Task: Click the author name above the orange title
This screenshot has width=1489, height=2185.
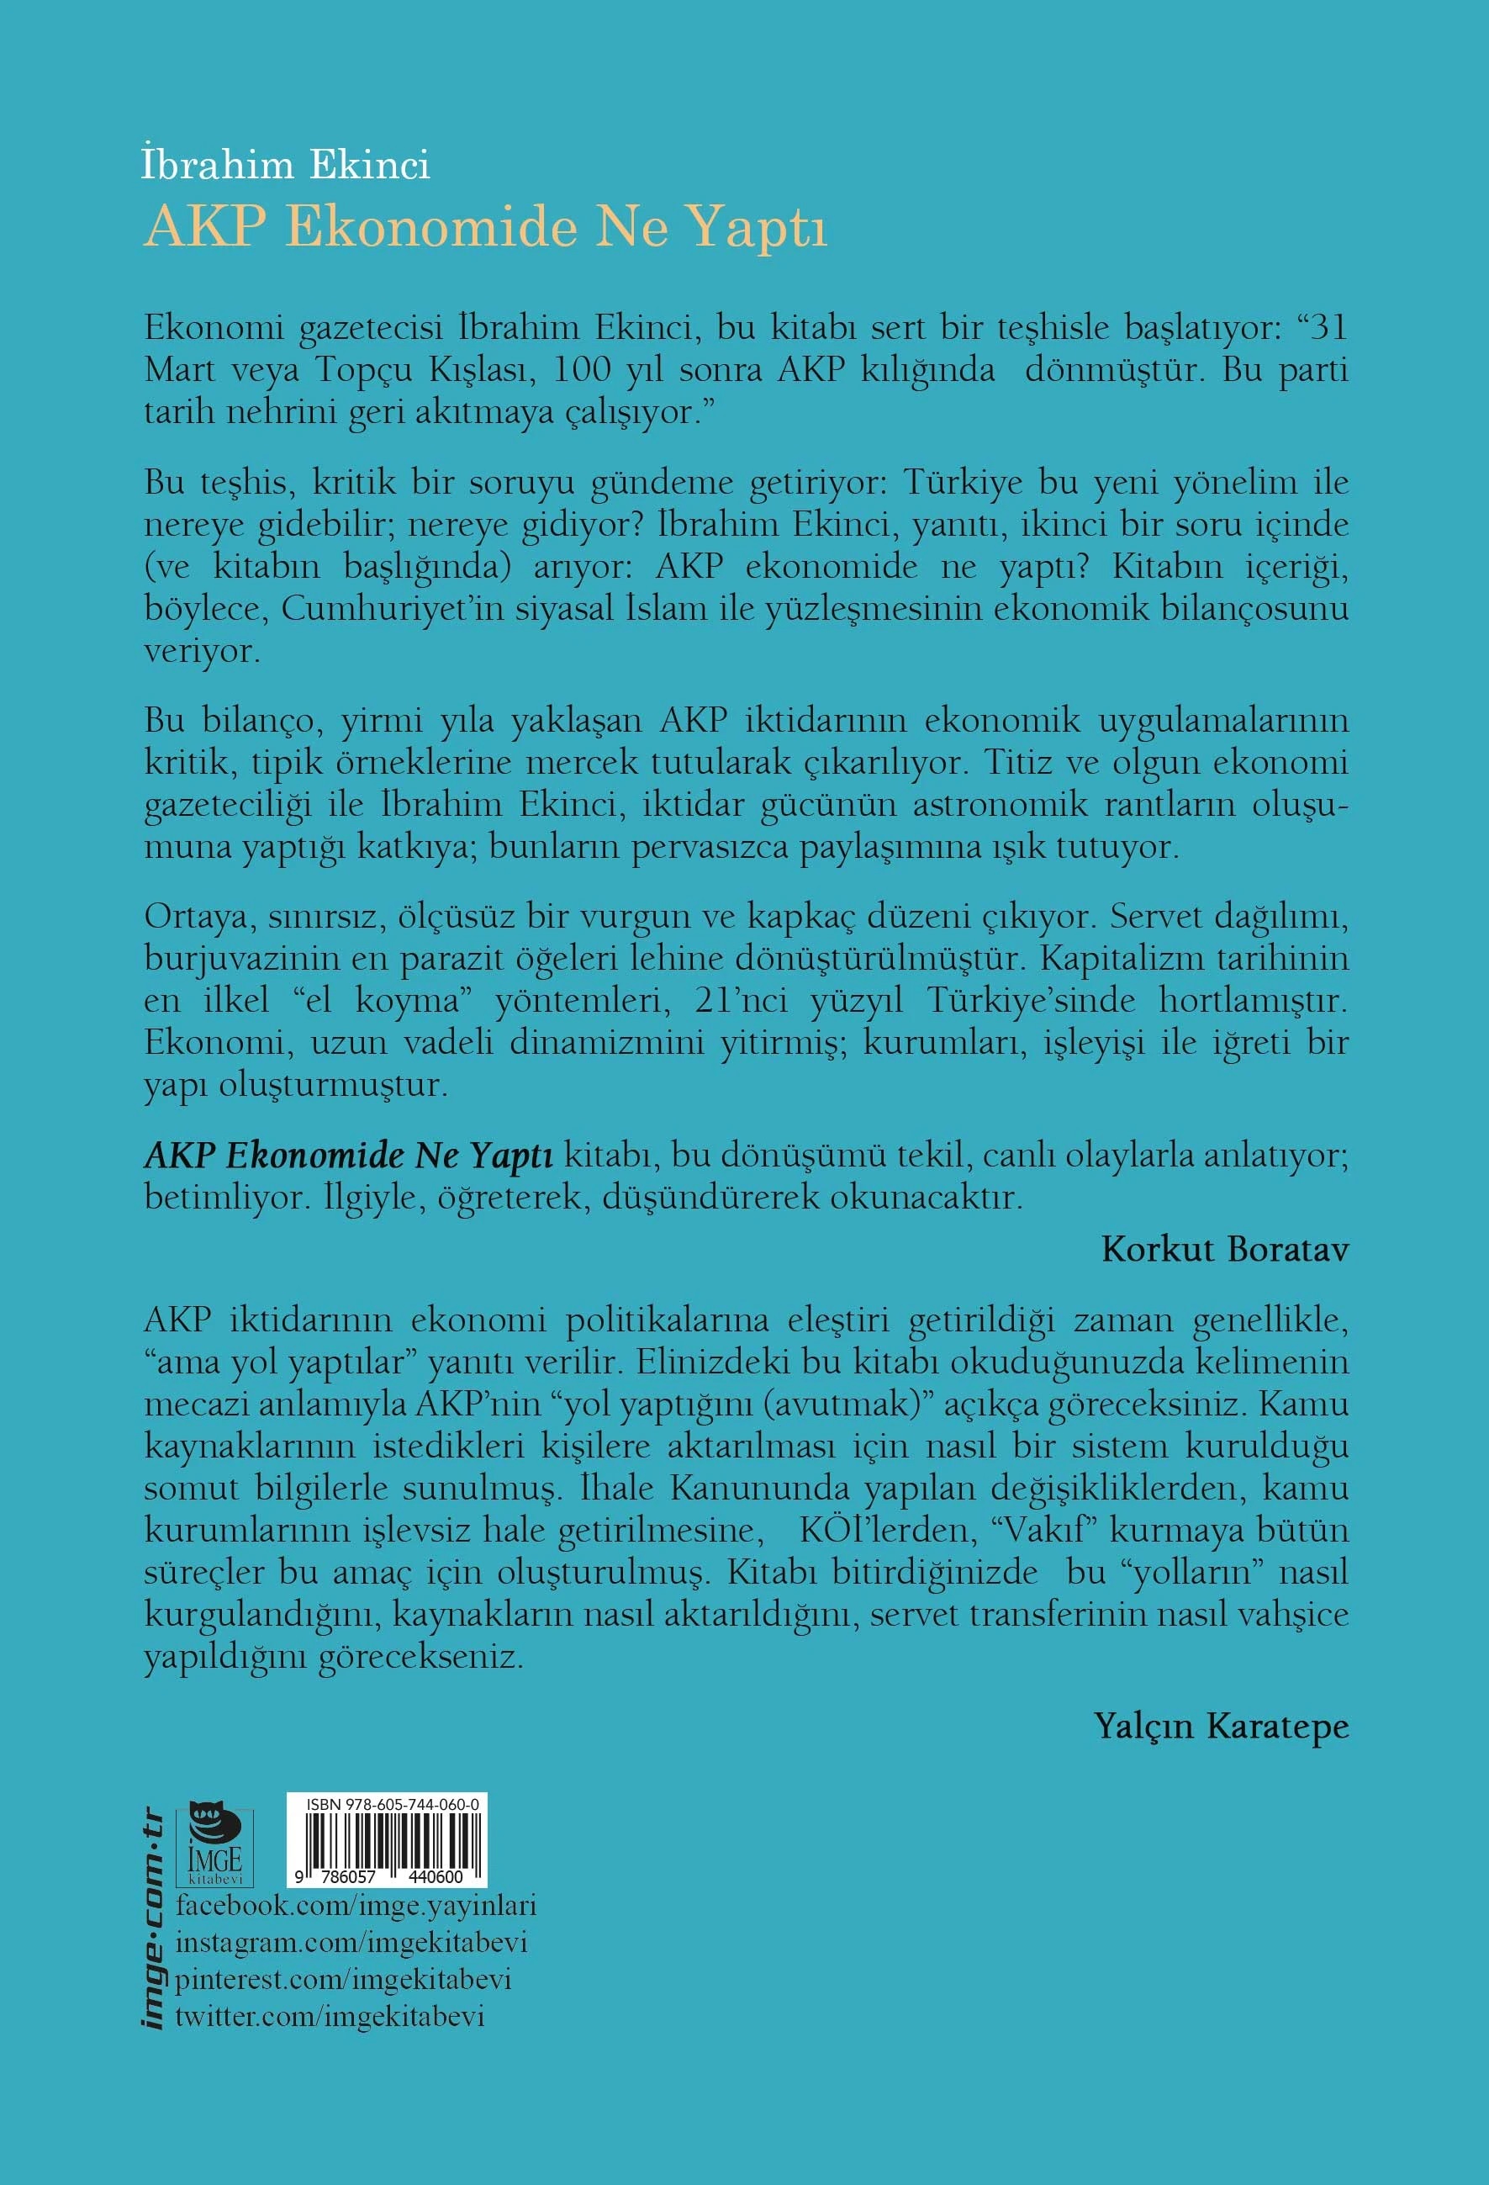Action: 286,166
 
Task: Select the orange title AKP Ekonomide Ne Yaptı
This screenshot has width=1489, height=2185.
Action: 485,229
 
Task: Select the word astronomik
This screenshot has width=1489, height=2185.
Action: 1001,805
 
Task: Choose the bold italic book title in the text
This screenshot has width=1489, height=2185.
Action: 349,1156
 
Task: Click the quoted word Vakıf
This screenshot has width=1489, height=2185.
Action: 1044,1530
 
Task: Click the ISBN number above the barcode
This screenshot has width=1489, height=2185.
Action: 392,1804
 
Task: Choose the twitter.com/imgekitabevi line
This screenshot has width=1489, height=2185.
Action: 330,2015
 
